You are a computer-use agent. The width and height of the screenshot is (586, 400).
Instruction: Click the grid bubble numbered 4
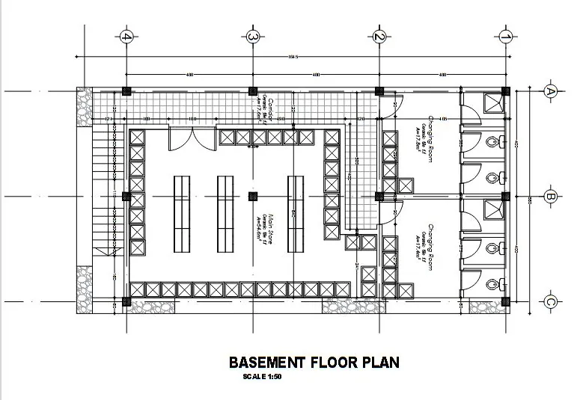click(126, 36)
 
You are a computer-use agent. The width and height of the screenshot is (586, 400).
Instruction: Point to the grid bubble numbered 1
click(505, 36)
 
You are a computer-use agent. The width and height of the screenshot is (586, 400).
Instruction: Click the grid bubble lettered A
click(551, 91)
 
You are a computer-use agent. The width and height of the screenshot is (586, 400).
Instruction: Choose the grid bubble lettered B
click(551, 197)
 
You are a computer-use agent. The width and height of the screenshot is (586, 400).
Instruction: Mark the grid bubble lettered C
click(551, 302)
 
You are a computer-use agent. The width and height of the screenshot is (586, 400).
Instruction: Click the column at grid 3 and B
click(253, 197)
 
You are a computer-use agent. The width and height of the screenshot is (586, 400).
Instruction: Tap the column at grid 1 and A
click(505, 91)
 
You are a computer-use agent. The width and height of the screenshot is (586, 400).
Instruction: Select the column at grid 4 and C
click(126, 302)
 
